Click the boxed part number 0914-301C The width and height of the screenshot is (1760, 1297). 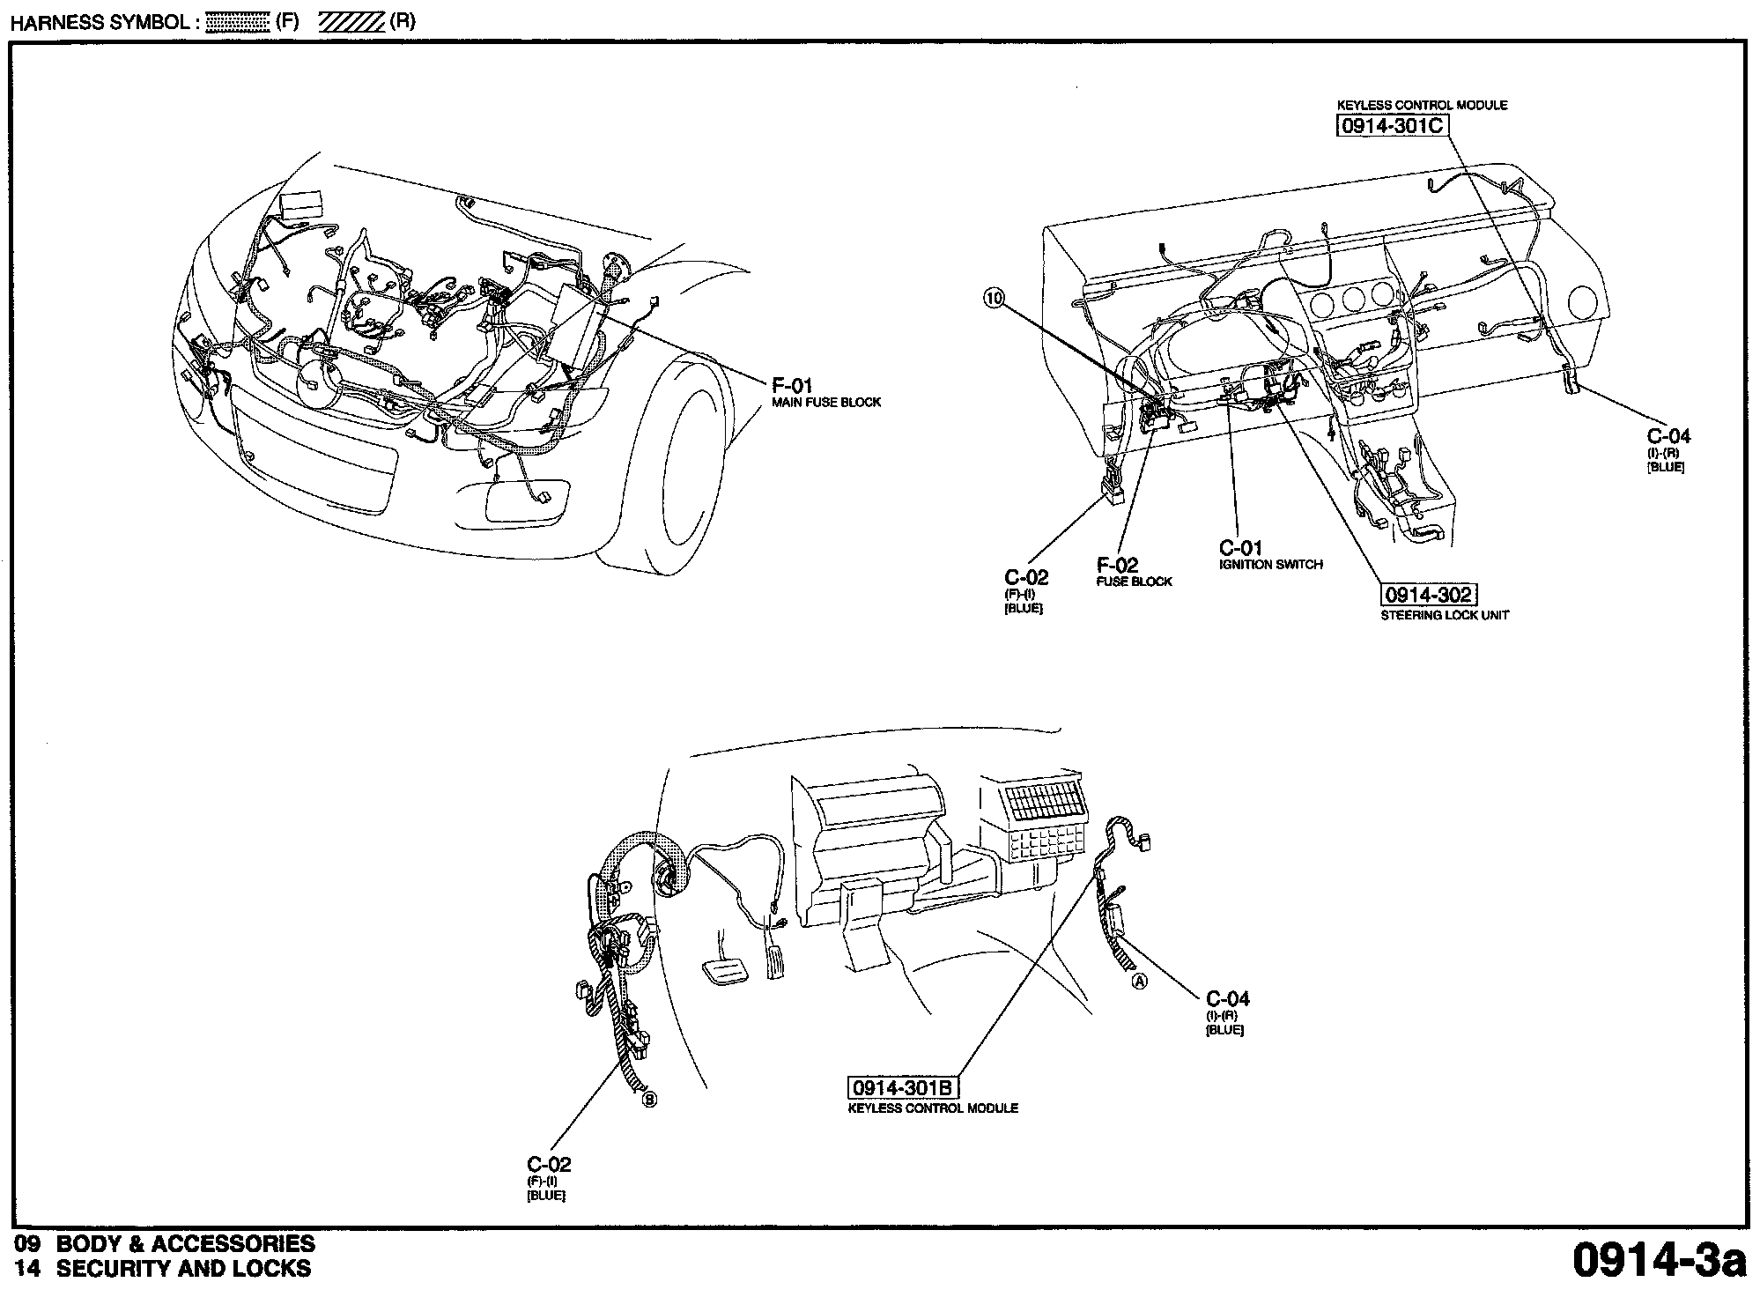click(1392, 126)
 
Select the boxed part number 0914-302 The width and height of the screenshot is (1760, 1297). click(1427, 595)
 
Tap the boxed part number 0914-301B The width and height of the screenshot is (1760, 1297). click(903, 1088)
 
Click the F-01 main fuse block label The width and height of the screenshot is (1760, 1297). click(792, 385)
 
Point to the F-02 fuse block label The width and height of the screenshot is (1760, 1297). click(1117, 565)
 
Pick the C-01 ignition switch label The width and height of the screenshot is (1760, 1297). click(1240, 547)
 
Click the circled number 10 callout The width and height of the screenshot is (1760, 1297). click(994, 299)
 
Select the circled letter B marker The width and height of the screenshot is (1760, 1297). click(649, 1099)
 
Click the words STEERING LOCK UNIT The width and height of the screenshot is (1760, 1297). click(1445, 615)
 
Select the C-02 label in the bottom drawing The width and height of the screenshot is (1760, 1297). click(549, 1164)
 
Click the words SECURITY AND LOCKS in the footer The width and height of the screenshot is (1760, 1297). click(183, 1269)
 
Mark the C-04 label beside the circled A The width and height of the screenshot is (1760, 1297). click(1227, 998)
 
